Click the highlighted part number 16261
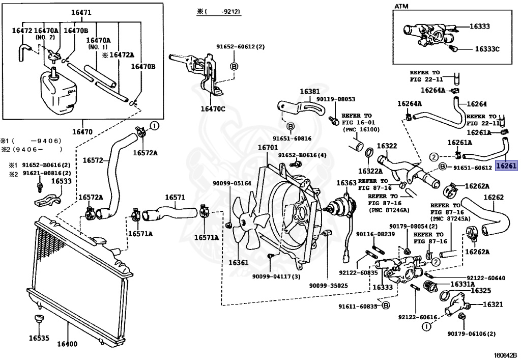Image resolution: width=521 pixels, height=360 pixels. (506, 165)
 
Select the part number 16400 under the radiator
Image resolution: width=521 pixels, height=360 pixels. (67, 344)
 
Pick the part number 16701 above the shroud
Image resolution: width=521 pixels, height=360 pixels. (268, 147)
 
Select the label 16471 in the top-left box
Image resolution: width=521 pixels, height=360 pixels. (81, 13)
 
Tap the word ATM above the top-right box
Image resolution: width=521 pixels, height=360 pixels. (401, 6)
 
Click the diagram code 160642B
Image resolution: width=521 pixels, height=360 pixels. (505, 355)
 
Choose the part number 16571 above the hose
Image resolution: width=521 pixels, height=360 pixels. (175, 198)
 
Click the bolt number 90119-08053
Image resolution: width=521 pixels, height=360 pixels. (336, 99)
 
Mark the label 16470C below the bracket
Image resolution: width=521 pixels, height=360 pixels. (213, 108)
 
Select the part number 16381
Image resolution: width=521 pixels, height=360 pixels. (310, 92)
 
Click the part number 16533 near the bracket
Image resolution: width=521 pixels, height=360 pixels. (61, 181)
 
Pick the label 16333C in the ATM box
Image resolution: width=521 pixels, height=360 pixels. (487, 49)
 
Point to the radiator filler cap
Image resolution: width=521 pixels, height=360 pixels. (99, 240)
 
